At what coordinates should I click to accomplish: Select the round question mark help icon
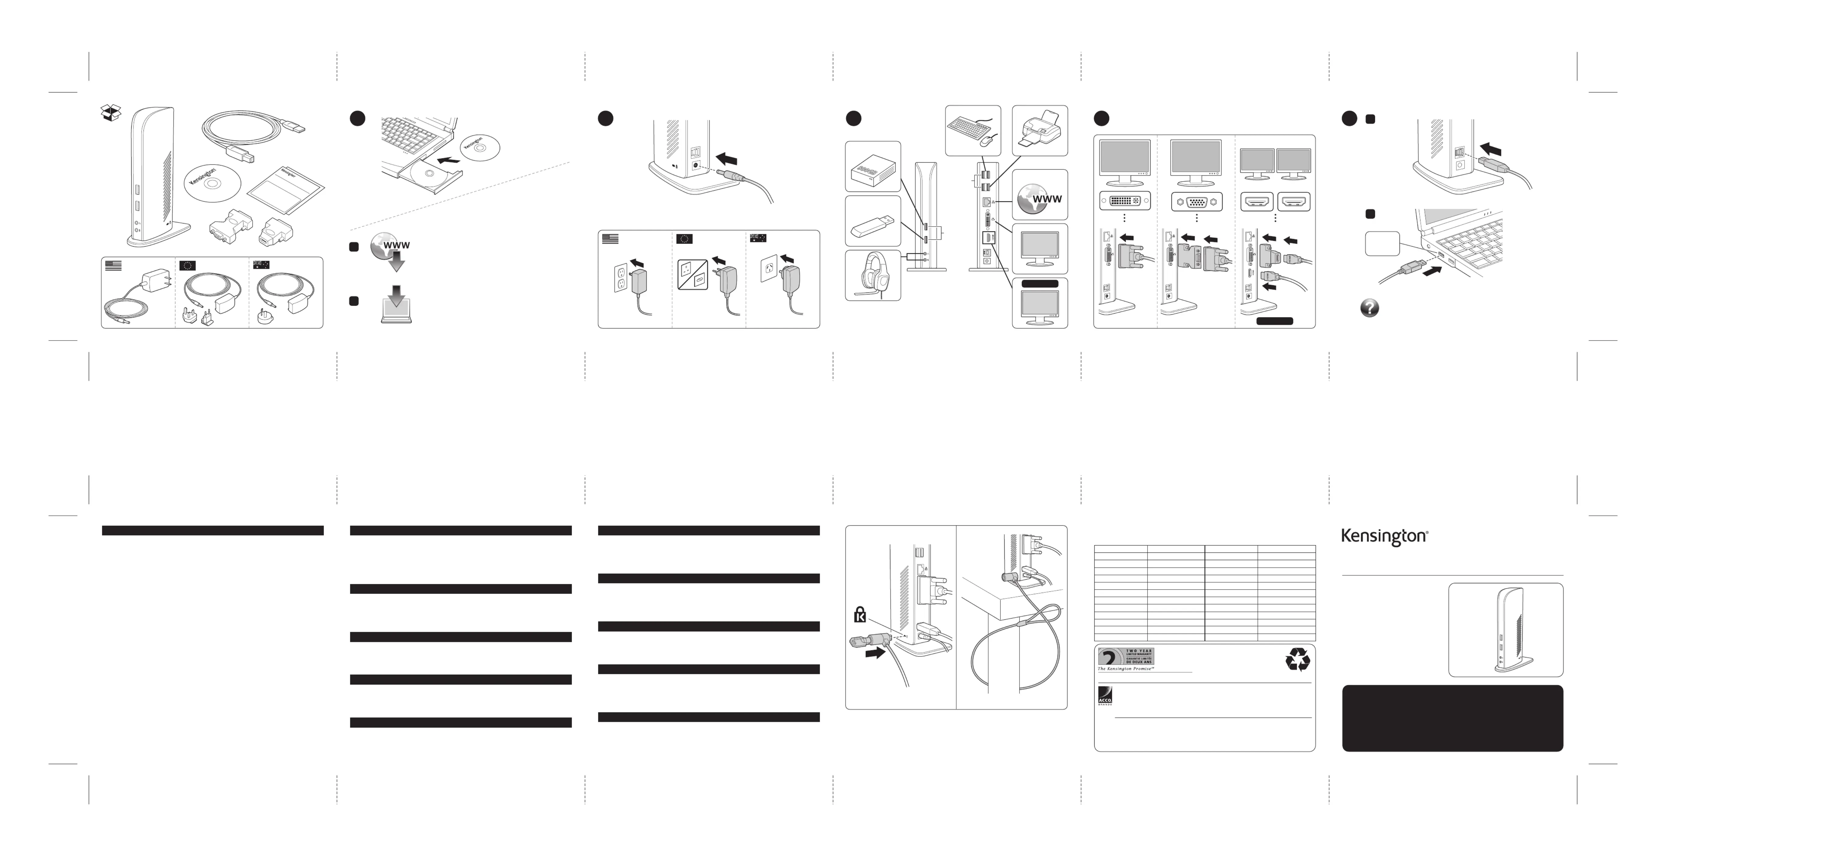[x=1369, y=308]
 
